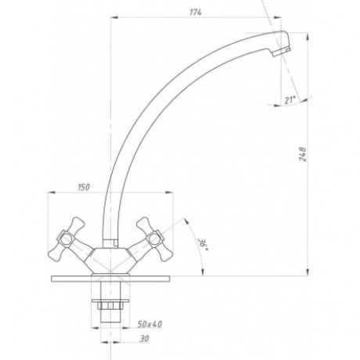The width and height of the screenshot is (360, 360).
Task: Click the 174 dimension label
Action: [196, 13]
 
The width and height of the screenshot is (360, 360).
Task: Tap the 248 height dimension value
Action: [303, 154]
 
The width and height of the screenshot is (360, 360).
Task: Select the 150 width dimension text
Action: [84, 187]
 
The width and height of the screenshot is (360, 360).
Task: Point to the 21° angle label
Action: [290, 99]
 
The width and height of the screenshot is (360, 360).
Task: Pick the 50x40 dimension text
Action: [149, 324]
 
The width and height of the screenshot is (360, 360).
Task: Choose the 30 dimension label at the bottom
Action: [144, 338]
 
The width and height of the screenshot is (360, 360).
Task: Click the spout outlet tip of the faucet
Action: [282, 51]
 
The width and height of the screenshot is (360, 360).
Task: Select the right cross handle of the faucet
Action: [150, 239]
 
